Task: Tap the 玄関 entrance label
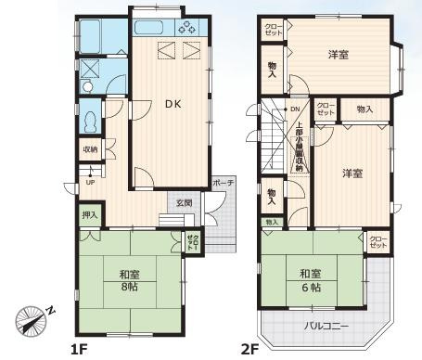184,203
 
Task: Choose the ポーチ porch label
223,182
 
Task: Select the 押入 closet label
89,215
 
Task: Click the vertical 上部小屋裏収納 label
299,148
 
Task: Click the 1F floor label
79,349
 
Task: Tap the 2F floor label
249,349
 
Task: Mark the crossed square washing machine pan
91,68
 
